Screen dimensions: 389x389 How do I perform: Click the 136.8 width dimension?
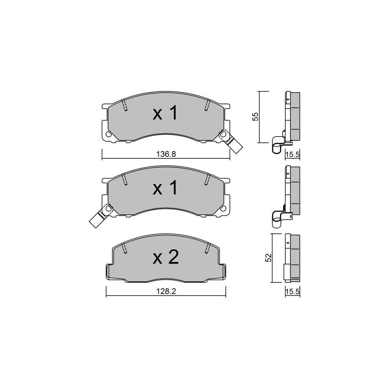[x=166, y=154]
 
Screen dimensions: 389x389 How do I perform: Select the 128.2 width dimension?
[x=166, y=291]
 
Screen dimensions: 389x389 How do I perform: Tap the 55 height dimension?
[x=255, y=117]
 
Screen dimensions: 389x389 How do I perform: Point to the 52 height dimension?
[x=268, y=258]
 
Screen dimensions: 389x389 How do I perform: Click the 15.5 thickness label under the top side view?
[x=293, y=154]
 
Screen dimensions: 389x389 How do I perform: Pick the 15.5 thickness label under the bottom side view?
[x=293, y=291]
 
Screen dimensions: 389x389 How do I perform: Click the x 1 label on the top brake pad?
[x=165, y=113]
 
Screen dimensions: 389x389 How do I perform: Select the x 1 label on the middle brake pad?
[x=165, y=188]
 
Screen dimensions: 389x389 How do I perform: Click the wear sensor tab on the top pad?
[x=231, y=141]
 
